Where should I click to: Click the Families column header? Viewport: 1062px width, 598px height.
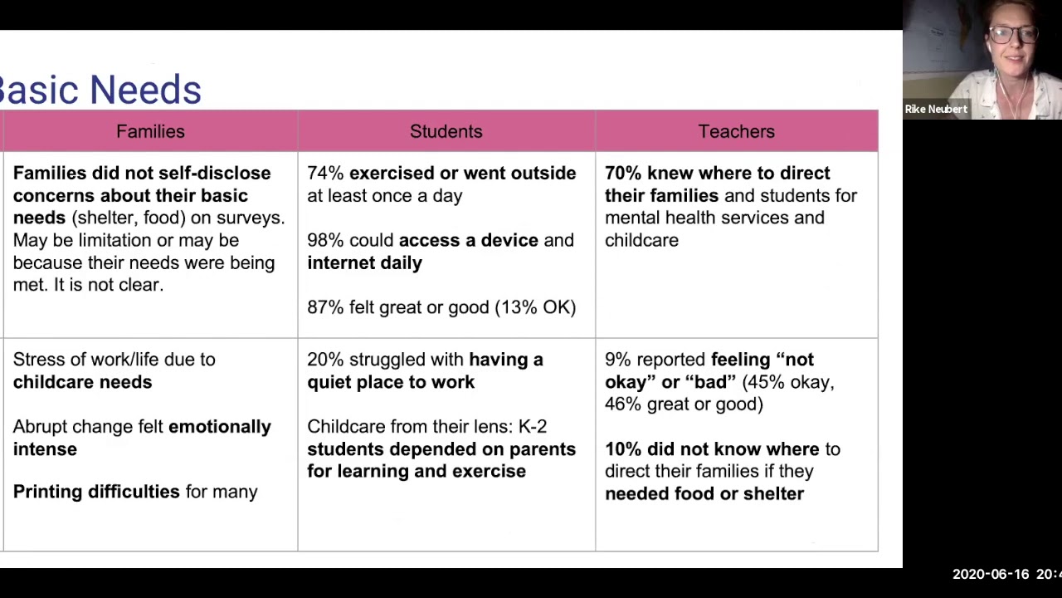[150, 131]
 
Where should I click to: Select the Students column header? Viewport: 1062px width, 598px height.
[446, 131]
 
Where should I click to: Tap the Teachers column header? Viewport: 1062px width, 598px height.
[736, 131]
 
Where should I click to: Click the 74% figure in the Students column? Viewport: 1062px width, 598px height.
[325, 174]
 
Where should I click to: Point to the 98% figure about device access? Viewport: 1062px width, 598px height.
[325, 241]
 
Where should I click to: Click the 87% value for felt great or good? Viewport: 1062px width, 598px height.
[325, 308]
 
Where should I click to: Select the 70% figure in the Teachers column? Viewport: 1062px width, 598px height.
[623, 174]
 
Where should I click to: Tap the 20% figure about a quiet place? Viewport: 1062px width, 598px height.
[325, 360]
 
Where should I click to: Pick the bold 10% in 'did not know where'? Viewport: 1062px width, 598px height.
[623, 449]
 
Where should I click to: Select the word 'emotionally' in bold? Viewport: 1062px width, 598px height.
[219, 427]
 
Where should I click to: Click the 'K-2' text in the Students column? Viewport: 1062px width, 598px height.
[532, 427]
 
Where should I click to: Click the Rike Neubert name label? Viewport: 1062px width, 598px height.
[936, 109]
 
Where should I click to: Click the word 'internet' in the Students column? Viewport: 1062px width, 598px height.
[336, 263]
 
